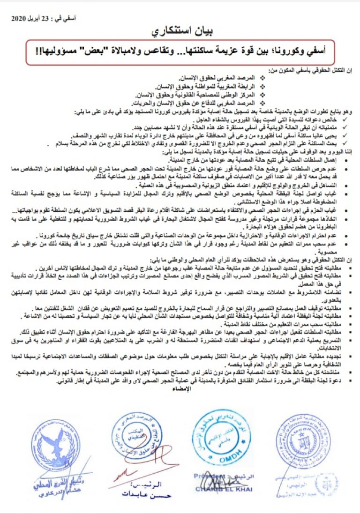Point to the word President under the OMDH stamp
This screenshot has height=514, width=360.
click(206, 477)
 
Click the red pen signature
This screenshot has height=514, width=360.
click(141, 464)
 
